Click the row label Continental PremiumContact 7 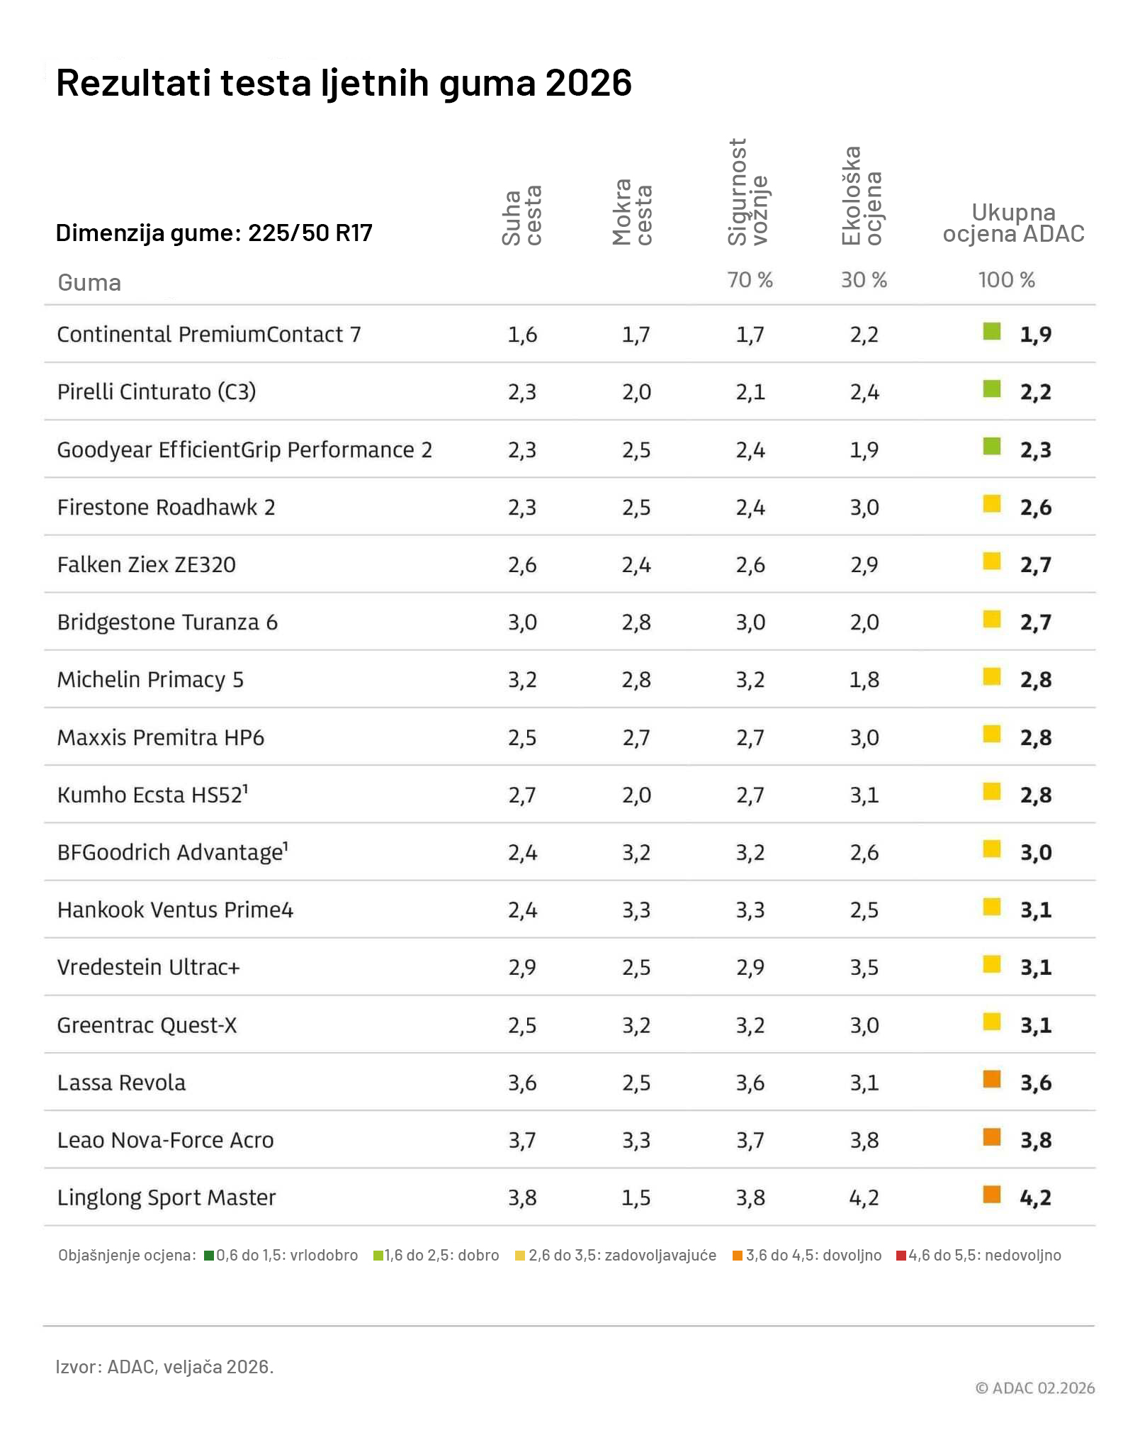tap(209, 335)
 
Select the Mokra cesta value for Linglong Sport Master tap(636, 1197)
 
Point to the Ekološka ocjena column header tap(862, 196)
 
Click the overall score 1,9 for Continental tap(1035, 335)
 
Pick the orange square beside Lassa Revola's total tap(992, 1080)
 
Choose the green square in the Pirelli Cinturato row tap(992, 389)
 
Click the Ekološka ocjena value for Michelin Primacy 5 tap(864, 680)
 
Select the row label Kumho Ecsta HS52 tap(152, 795)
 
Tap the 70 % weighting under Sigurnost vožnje tap(750, 280)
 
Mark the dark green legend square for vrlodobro tap(209, 1256)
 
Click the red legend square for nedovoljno tap(901, 1256)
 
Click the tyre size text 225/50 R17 tap(310, 233)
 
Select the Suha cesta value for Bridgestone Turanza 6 tap(522, 622)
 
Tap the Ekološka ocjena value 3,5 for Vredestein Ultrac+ tap(864, 968)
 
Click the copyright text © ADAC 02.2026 tap(1035, 1388)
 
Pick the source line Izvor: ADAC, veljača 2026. tap(164, 1367)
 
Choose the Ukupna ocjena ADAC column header tap(1013, 223)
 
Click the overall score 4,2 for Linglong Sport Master tap(1035, 1198)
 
